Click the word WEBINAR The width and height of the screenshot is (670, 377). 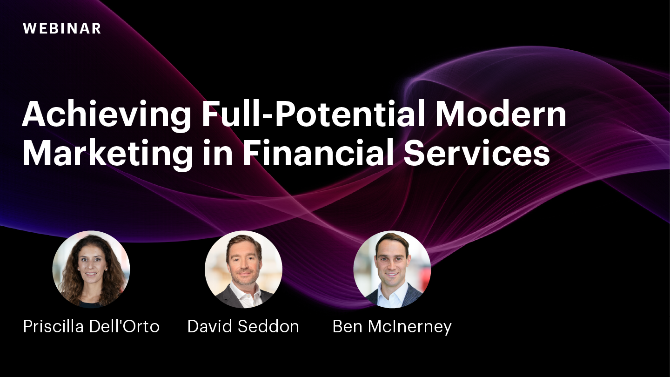coord(62,28)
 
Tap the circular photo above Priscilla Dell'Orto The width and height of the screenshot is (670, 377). coord(91,269)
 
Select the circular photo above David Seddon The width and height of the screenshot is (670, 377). coord(243,269)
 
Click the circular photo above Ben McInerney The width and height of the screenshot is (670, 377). coord(392,269)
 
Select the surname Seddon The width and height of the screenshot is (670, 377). coord(271,326)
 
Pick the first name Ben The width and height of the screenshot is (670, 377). coord(348,326)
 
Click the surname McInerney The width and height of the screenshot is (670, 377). coord(410,327)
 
